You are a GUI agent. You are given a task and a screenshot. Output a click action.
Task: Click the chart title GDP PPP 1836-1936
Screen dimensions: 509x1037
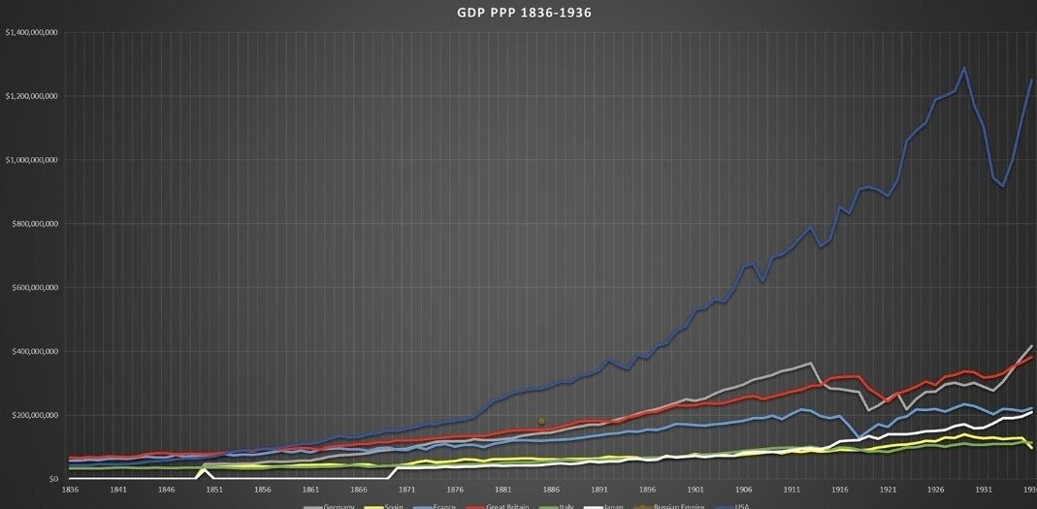(524, 13)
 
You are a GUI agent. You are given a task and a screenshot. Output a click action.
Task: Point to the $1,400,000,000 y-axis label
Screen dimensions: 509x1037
(32, 33)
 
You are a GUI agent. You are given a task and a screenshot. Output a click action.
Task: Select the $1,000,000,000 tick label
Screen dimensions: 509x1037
(32, 160)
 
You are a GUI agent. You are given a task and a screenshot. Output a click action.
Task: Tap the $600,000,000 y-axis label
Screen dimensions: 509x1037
(35, 288)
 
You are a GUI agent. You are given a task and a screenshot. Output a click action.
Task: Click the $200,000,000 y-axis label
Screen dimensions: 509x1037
(35, 415)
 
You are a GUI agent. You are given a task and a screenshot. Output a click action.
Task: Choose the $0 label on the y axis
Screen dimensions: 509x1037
(54, 479)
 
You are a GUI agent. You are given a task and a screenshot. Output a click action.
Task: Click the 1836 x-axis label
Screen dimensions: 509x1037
(71, 491)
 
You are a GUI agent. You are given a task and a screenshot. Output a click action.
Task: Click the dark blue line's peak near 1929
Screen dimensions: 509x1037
(964, 68)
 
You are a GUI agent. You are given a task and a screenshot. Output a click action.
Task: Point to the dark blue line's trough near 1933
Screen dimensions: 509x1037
(1003, 186)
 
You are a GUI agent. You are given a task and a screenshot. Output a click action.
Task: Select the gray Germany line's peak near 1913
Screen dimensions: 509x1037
(810, 364)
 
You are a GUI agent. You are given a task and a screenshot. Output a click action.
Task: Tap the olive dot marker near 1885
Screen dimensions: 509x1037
(542, 421)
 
